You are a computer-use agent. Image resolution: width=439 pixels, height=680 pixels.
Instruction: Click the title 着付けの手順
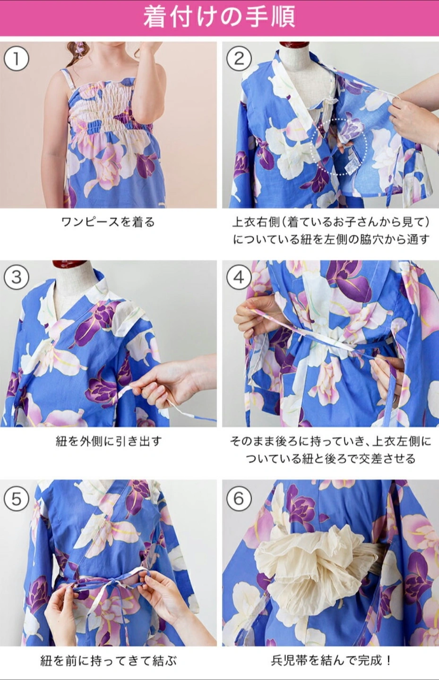[219, 17]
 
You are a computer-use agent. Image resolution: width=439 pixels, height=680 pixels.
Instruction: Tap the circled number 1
[17, 59]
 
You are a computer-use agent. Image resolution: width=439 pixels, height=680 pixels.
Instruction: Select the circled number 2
[239, 59]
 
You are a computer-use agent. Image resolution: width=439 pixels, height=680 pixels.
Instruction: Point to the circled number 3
[17, 277]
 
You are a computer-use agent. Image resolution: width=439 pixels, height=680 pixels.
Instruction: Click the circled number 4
[239, 277]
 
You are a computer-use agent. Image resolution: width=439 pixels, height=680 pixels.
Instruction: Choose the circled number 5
[17, 499]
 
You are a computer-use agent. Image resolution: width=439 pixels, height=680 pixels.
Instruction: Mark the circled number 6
[239, 499]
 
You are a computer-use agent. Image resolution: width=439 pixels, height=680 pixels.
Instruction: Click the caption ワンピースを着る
[108, 222]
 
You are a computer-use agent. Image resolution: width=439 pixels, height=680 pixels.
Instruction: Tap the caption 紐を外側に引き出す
[108, 441]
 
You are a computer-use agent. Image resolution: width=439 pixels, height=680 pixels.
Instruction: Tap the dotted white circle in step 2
[339, 146]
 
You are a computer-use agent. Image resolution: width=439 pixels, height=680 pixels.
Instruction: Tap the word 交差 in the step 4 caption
[370, 459]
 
